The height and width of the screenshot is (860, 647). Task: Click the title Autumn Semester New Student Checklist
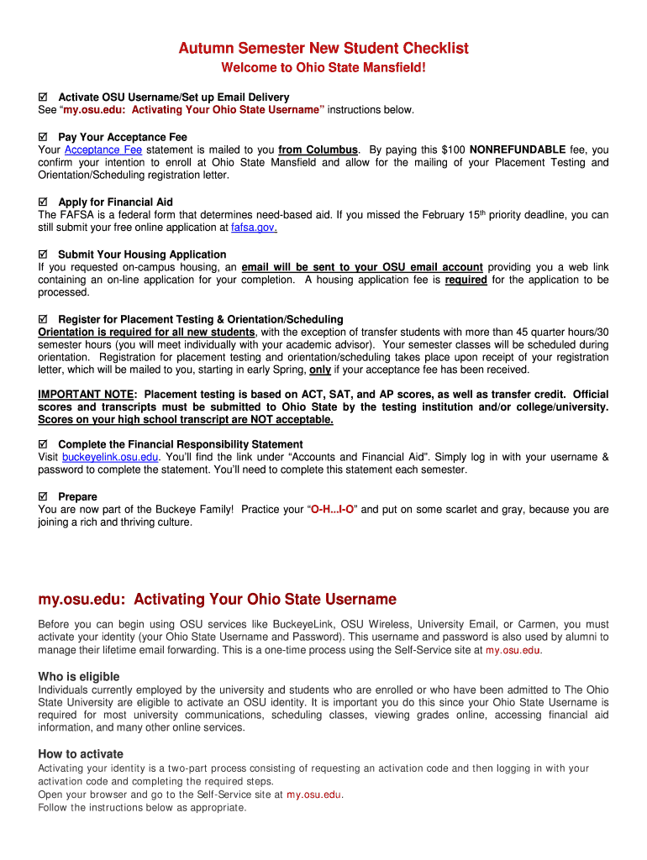coord(323,49)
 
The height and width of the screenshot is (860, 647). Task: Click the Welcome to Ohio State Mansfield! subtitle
coord(323,67)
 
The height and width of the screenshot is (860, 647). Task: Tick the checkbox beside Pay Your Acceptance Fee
coord(44,137)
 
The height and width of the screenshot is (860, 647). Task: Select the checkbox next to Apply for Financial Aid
coord(44,202)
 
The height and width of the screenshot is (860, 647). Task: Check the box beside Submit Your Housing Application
coord(44,254)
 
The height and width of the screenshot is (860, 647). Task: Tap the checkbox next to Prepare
coord(44,496)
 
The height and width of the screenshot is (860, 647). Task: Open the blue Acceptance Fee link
coord(103,149)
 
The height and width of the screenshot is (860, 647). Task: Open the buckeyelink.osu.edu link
coord(110,457)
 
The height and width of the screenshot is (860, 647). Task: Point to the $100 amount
coord(450,149)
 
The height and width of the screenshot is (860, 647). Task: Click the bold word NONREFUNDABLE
coord(518,149)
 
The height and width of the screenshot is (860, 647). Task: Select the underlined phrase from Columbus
coord(318,149)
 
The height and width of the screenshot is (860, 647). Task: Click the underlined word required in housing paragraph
coord(466,280)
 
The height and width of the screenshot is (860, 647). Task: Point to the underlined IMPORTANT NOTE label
coord(86,394)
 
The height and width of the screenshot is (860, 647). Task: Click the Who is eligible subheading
coord(79,677)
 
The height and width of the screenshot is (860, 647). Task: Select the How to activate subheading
coord(81,754)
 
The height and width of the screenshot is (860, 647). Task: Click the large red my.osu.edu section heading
coord(217,600)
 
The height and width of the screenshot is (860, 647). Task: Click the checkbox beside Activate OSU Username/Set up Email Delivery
coord(44,97)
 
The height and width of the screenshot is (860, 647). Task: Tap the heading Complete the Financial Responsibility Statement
coord(181,444)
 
